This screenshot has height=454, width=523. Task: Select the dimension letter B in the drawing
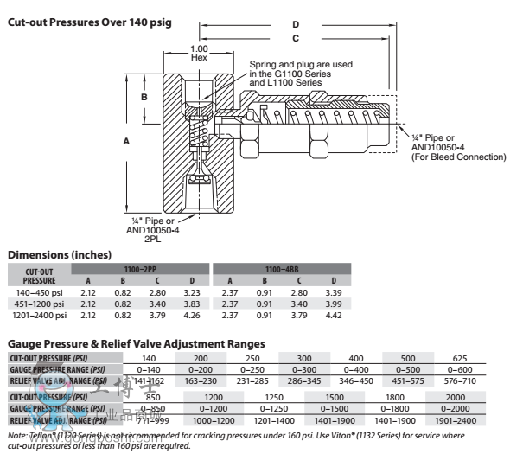(144, 99)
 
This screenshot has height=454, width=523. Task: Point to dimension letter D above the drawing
(296, 24)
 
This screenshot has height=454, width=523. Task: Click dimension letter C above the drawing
(296, 39)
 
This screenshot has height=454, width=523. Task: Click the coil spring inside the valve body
(198, 136)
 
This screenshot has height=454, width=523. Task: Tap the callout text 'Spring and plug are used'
(301, 65)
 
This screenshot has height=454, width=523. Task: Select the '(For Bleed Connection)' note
(458, 157)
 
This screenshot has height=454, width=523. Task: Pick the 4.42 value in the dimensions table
(335, 316)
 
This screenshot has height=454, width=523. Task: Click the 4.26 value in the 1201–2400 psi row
(193, 316)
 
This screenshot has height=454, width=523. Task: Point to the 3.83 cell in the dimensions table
(193, 304)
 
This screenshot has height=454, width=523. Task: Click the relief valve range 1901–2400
(456, 420)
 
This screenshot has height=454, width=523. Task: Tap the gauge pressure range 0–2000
(456, 408)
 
